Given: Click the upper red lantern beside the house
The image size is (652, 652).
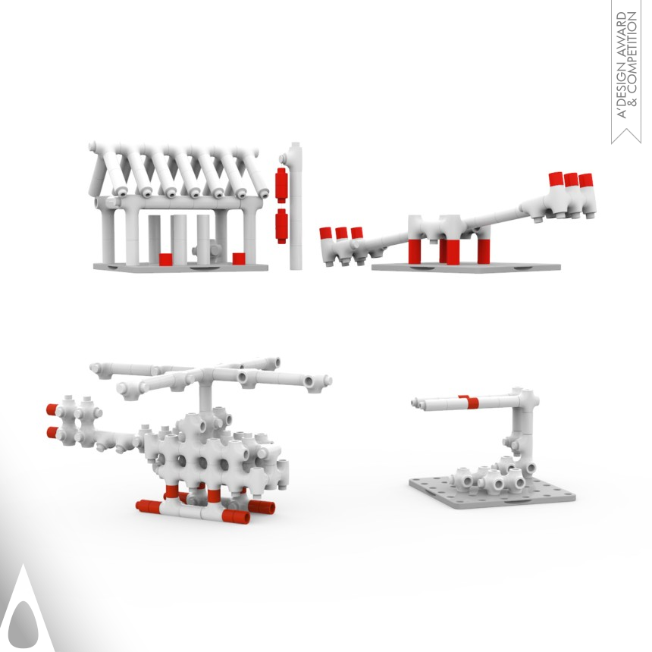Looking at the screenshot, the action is click(281, 185).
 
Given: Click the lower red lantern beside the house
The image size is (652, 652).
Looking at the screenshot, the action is click(281, 226).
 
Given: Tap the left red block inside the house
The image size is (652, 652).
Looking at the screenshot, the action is click(165, 259).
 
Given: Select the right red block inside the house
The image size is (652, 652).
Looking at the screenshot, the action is click(239, 259).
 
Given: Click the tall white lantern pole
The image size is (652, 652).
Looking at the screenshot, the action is click(296, 205).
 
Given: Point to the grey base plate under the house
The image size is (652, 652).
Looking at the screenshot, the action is click(180, 267).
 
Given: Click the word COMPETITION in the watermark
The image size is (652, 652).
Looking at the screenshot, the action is click(632, 58).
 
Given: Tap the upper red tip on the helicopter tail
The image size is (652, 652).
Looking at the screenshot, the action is click(52, 409).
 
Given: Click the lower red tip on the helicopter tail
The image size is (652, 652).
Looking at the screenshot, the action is click(52, 432).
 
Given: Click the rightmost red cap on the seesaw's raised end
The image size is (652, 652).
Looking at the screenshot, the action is click(586, 180).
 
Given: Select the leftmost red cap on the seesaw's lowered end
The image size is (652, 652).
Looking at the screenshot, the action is click(325, 234).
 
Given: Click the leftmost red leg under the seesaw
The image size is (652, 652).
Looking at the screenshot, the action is click(415, 251).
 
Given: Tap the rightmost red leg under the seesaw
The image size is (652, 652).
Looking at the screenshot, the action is click(484, 251).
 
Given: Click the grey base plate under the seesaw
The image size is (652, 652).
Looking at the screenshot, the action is click(465, 268).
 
